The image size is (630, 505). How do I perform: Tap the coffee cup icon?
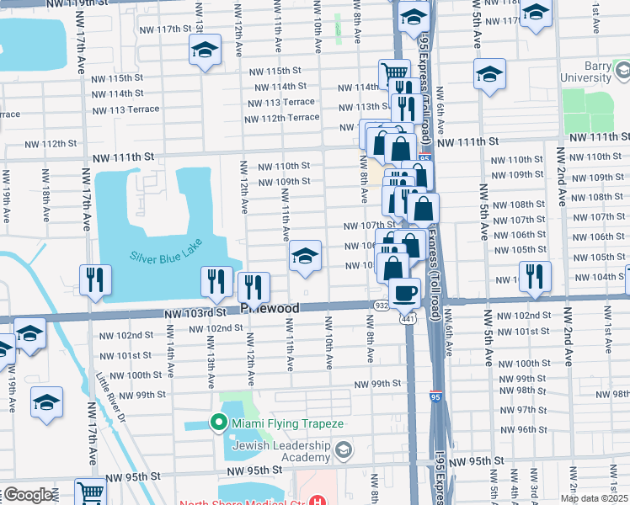pos(405,292)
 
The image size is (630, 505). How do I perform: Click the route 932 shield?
pos(382,306)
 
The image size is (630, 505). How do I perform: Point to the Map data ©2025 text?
pos(594,498)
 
